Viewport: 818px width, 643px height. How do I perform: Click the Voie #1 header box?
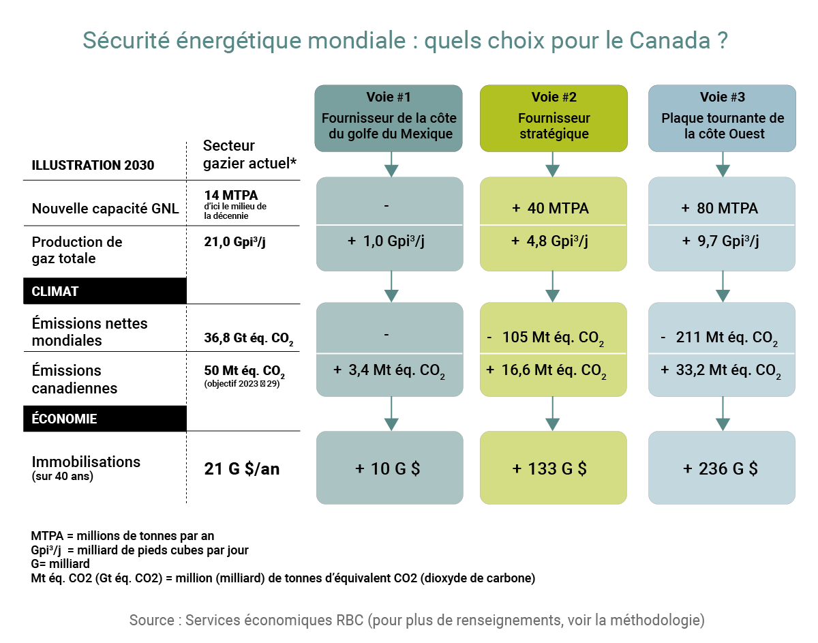[388, 117]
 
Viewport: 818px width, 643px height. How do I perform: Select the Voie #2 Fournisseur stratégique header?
[554, 117]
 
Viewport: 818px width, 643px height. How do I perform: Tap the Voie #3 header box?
[722, 117]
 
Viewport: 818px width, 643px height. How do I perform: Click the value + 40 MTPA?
[553, 209]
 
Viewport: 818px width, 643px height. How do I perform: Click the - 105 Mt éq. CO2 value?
[553, 338]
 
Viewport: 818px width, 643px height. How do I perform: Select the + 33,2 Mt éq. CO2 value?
[721, 371]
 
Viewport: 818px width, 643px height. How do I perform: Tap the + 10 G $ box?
[388, 468]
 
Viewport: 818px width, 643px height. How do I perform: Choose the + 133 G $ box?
[553, 468]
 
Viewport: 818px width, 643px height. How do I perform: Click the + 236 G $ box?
[721, 468]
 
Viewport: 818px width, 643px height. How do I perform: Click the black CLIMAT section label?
[105, 291]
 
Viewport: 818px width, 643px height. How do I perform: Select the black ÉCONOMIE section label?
[105, 419]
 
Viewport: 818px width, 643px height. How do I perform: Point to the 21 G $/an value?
[242, 469]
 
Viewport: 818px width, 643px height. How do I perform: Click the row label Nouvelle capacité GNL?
[105, 209]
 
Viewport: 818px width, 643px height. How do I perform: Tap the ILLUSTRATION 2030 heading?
[93, 165]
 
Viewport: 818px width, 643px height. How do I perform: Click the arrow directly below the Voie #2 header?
[553, 164]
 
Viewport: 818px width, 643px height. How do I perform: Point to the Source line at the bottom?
[416, 620]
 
